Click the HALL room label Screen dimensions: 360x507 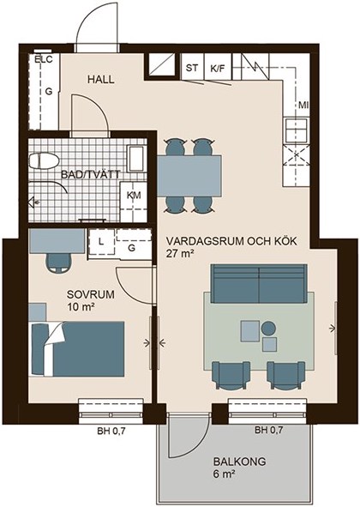101,80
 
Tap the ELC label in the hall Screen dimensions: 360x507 44,59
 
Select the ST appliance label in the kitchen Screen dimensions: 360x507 192,69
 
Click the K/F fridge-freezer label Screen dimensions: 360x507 218,69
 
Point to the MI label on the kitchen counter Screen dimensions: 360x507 303,106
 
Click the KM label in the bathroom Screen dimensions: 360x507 134,196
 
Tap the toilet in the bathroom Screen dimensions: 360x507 44,160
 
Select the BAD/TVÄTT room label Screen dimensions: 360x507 91,175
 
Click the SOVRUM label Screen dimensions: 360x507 91,294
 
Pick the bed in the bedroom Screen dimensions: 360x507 77,349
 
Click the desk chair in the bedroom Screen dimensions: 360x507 59,262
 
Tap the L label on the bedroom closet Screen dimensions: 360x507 101,242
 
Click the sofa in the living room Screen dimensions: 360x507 259,284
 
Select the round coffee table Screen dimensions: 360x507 268,329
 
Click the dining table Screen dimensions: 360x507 189,176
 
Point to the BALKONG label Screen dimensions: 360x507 239,462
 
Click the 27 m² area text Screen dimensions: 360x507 180,254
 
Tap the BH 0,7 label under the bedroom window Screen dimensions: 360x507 111,431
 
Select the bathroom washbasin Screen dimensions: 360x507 135,159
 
